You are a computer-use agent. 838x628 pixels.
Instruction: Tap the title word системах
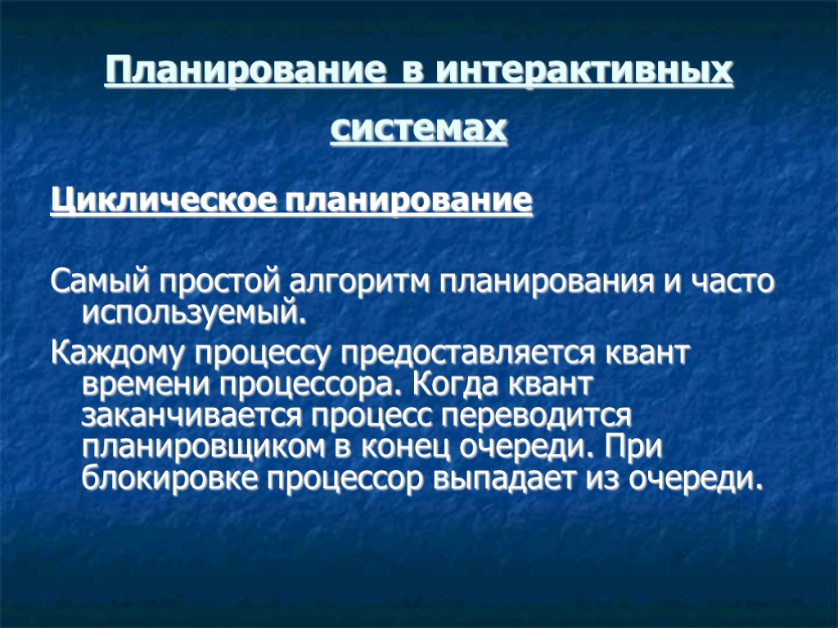point(419,128)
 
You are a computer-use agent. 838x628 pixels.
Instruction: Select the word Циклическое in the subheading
point(164,200)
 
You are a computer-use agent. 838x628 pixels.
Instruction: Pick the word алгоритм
point(362,282)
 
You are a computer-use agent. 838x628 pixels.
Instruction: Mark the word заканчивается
point(192,415)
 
